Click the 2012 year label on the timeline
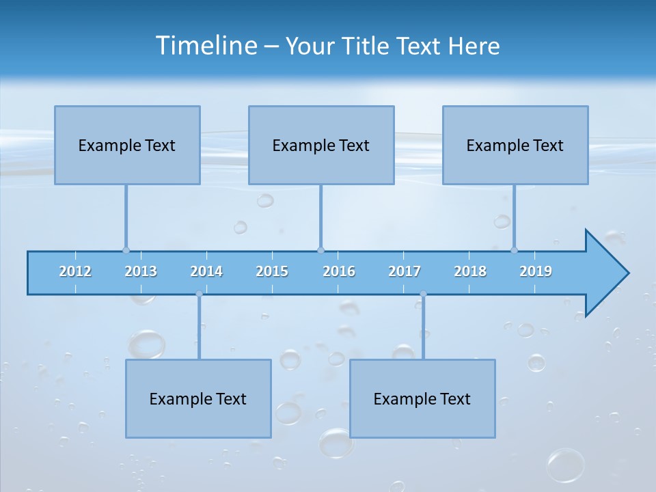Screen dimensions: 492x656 [x=75, y=271]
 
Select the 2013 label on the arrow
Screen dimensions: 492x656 [x=141, y=271]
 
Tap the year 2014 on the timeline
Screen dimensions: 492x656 [x=206, y=271]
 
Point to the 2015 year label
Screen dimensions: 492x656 [x=272, y=271]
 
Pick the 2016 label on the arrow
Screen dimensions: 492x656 [x=339, y=271]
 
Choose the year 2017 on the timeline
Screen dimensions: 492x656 [x=405, y=271]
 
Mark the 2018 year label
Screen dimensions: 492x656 [x=470, y=271]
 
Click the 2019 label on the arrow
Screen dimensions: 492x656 [x=536, y=271]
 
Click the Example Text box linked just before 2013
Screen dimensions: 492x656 [x=127, y=145]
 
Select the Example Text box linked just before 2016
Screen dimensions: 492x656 [x=321, y=145]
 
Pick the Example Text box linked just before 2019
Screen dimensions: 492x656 [x=515, y=145]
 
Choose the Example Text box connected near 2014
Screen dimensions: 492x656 [x=198, y=398]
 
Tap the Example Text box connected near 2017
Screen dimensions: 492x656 [x=422, y=398]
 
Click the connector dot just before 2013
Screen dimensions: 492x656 [x=126, y=250]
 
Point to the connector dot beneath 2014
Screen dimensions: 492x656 [x=199, y=294]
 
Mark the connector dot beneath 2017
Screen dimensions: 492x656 [x=423, y=294]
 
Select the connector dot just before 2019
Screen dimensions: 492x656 [x=514, y=250]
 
